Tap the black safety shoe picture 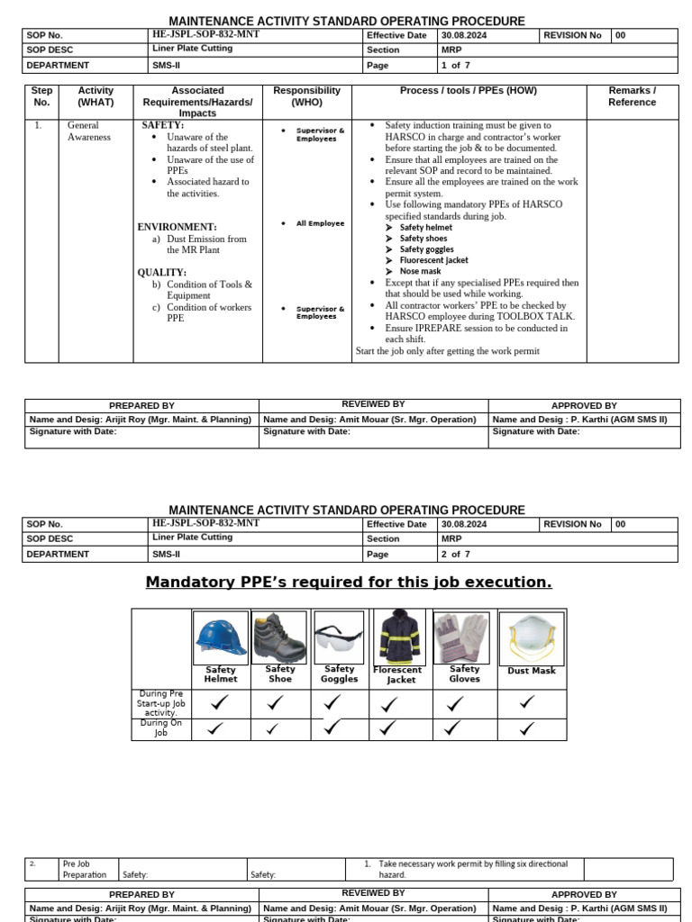[x=280, y=637]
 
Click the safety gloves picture [x=461, y=637]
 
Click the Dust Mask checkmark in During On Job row [x=528, y=728]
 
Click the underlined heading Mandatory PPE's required [x=349, y=583]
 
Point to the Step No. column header [x=41, y=96]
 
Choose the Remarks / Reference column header [x=632, y=96]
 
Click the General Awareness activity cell [x=88, y=131]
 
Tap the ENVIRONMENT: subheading [x=177, y=227]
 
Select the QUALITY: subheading [x=162, y=273]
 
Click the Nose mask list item [x=420, y=271]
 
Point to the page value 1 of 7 [x=455, y=66]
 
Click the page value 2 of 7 [x=455, y=555]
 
